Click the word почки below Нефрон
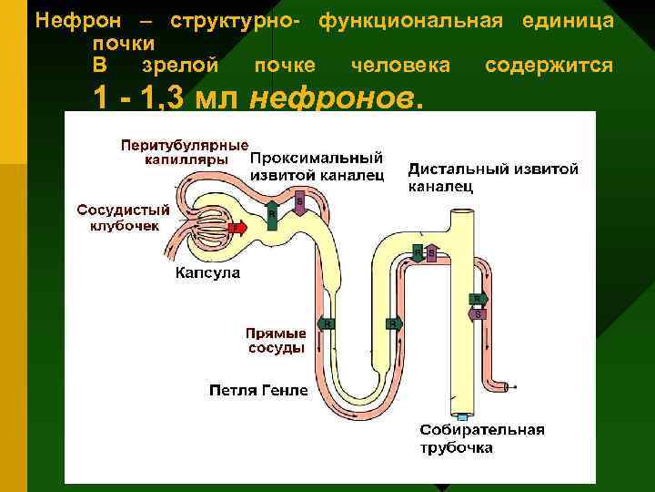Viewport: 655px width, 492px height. tap(123, 43)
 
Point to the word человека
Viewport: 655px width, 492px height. tap(400, 66)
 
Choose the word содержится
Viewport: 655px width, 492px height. tap(549, 66)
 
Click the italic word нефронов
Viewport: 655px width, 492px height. tap(335, 97)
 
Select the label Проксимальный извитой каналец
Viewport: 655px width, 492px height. tap(316, 166)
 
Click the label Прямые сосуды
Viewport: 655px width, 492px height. tap(276, 340)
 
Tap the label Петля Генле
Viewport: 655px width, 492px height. tap(258, 391)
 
